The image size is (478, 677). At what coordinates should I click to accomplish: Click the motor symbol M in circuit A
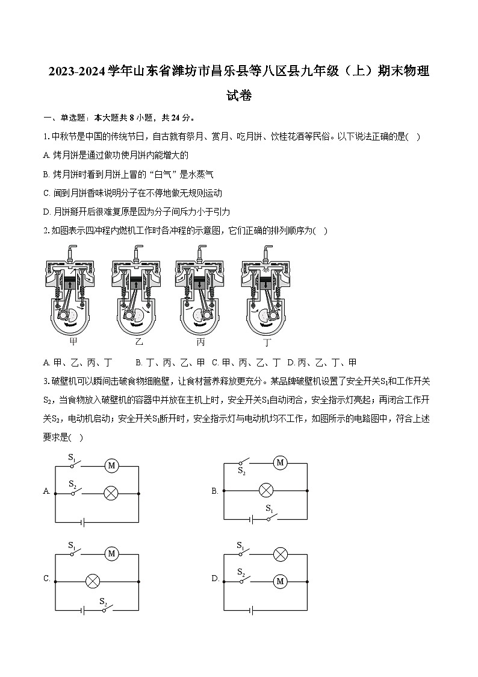point(110,465)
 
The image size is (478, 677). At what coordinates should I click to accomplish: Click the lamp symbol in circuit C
point(93,581)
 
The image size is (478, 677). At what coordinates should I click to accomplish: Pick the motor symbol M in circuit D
point(279,581)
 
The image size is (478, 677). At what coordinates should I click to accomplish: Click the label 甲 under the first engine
point(73,342)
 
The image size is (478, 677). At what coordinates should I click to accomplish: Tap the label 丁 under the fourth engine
point(268,342)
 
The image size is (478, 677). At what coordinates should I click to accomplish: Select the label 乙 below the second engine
point(139,342)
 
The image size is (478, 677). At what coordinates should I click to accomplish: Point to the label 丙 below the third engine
point(201,342)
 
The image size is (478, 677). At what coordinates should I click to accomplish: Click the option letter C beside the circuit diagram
point(46,579)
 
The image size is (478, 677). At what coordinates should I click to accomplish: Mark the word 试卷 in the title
point(238,95)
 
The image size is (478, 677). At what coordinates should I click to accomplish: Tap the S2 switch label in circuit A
point(72,483)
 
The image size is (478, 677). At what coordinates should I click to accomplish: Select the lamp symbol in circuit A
point(110,493)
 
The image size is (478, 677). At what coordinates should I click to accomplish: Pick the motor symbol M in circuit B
point(279,463)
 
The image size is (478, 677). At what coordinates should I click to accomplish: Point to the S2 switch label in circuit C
point(103,602)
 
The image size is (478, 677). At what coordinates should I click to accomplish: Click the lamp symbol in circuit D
point(279,553)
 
